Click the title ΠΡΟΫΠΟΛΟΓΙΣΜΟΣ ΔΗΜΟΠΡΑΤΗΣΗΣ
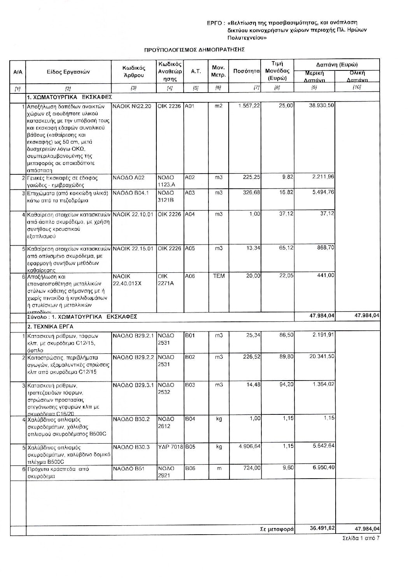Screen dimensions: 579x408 [x=194, y=50]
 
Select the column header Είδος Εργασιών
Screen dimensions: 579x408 [x=68, y=72]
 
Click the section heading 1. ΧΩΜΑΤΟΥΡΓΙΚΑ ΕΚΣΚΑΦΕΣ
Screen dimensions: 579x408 [x=70, y=96]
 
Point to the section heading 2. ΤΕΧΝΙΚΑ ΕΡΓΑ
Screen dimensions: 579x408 [x=51, y=326]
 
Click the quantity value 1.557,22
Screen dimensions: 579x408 [x=249, y=106]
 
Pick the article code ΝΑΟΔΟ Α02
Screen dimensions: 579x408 [x=129, y=178]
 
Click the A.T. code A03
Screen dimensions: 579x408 [x=190, y=193]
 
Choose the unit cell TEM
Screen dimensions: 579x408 [x=219, y=276]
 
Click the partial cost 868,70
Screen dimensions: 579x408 [x=326, y=248]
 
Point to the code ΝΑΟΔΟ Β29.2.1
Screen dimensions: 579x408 [x=134, y=335]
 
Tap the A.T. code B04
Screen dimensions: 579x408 [x=190, y=419]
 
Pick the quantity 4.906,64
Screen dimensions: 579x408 [x=249, y=447]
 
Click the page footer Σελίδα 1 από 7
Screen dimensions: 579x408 [x=361, y=538]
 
